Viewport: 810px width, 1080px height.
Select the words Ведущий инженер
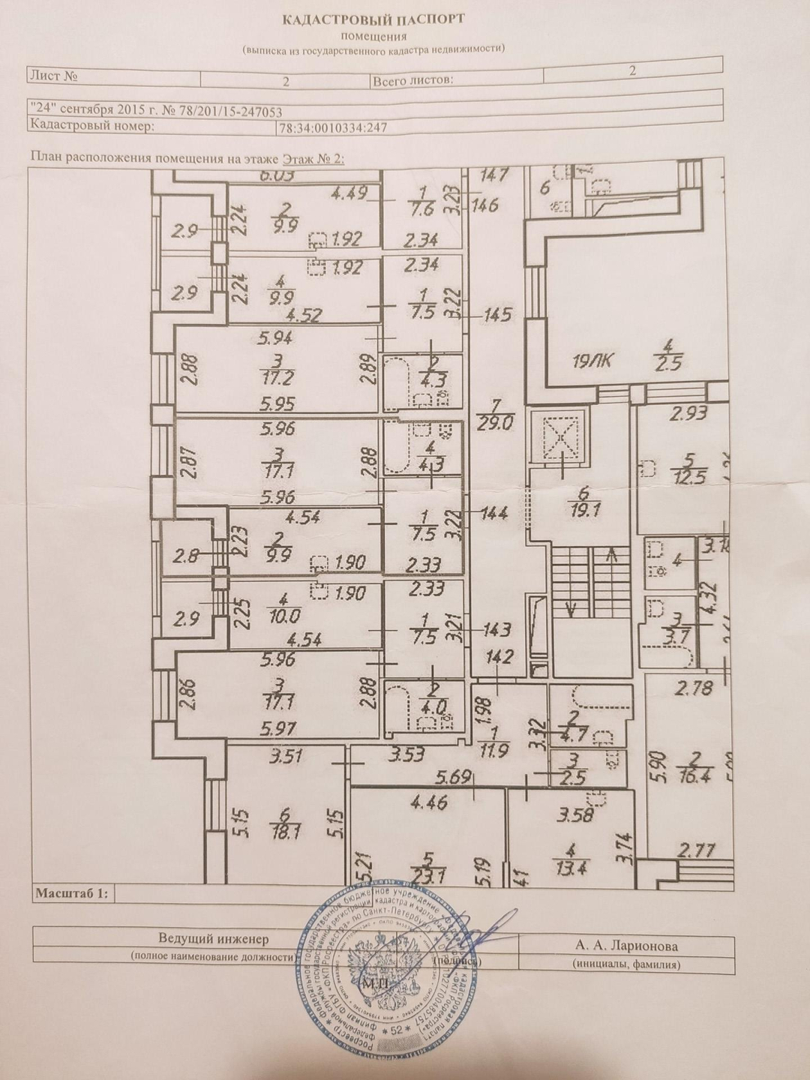click(x=213, y=939)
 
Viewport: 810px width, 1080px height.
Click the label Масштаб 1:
click(x=72, y=893)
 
